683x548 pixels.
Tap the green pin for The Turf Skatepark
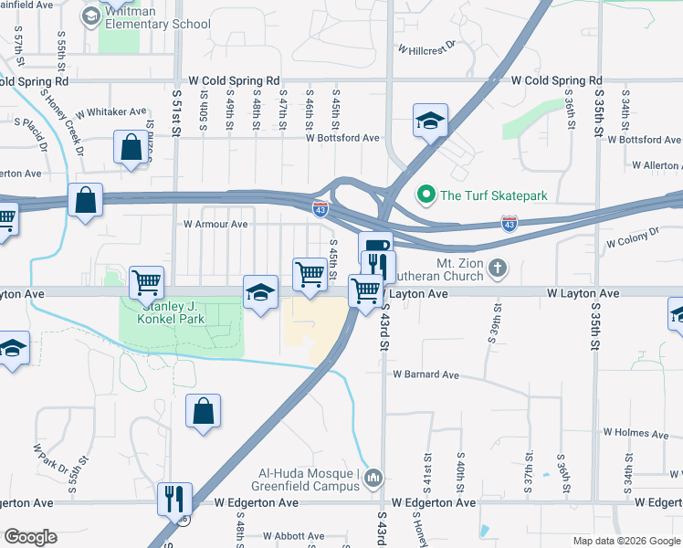point(425,194)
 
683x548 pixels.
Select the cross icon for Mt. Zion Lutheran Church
point(497,268)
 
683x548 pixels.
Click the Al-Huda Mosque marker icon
point(373,478)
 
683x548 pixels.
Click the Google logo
point(31,537)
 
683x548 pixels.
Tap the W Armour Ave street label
point(215,224)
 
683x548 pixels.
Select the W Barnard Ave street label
point(426,374)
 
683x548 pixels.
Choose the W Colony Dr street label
point(633,238)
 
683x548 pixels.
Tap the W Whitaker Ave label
point(111,112)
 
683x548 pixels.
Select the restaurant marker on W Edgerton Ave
point(173,500)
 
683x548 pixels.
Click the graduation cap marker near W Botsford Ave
point(429,121)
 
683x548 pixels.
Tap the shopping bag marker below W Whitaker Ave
point(131,147)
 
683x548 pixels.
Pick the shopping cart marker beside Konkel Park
point(146,283)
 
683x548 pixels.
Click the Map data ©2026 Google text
point(625,541)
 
